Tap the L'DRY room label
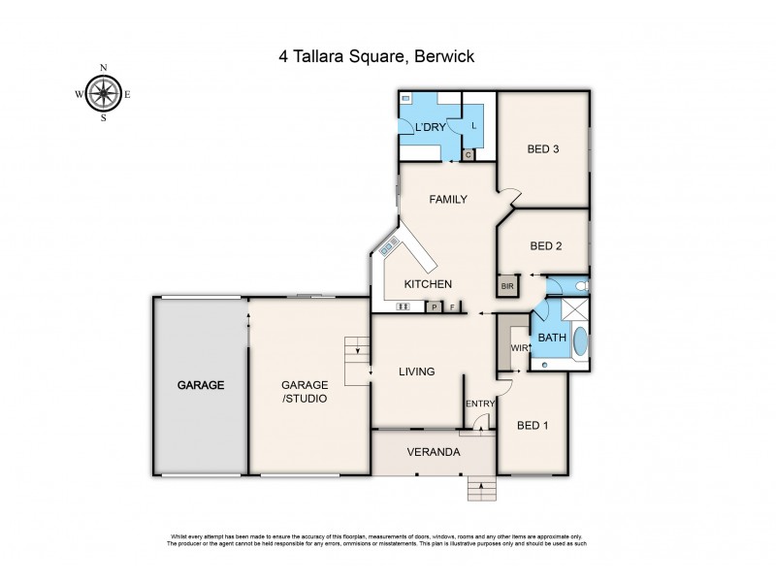(x=430, y=129)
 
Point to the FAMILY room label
(x=448, y=200)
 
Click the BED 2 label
(x=545, y=246)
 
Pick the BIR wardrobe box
(x=506, y=287)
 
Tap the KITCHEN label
(x=428, y=284)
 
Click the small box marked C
(x=468, y=154)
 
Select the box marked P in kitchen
(x=435, y=307)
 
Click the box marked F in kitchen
(x=451, y=307)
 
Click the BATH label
(x=552, y=338)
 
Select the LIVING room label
(x=417, y=372)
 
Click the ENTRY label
(x=479, y=404)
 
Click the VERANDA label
(x=433, y=452)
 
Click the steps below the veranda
(x=481, y=487)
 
